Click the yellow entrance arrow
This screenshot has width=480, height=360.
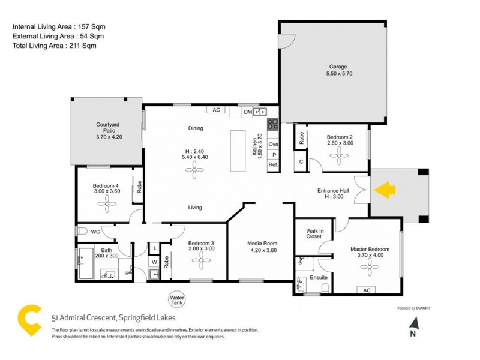(385, 191)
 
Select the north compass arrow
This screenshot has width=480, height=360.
(412, 325)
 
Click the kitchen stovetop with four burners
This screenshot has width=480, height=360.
(272, 125)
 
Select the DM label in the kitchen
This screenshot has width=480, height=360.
(248, 112)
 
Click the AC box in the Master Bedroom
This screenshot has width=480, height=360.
(365, 290)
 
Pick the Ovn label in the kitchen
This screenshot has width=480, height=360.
(273, 145)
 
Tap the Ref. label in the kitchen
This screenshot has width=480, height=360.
(273, 164)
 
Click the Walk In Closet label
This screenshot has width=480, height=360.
(314, 233)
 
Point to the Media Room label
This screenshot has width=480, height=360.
(261, 243)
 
